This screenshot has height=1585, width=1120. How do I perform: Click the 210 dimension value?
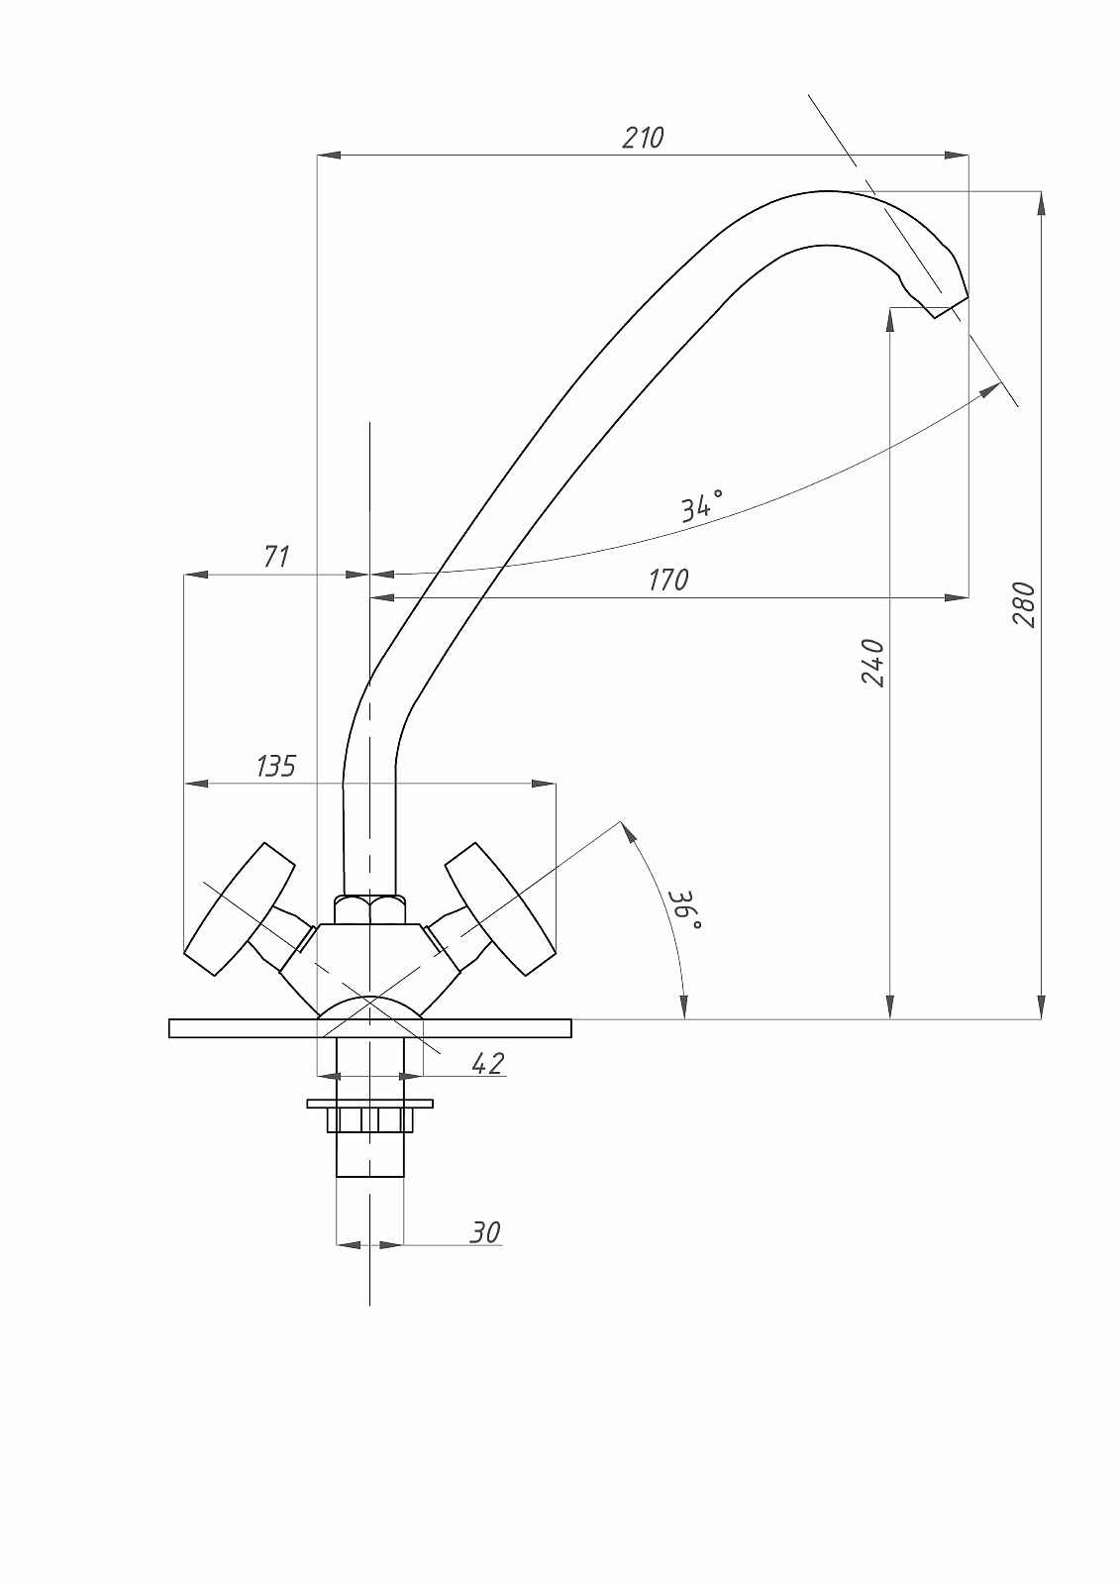pyautogui.click(x=643, y=138)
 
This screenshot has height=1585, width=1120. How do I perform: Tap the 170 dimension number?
pyautogui.click(x=668, y=580)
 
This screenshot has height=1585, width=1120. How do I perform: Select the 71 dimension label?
pyautogui.click(x=277, y=557)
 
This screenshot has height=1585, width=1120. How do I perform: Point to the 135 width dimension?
pyautogui.click(x=276, y=766)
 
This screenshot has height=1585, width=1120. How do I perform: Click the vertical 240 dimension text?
pyautogui.click(x=872, y=663)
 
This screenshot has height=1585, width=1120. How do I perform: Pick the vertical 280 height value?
pyautogui.click(x=1024, y=604)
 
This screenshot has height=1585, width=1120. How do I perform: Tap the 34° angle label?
pyautogui.click(x=701, y=505)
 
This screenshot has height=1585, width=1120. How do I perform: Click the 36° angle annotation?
pyautogui.click(x=684, y=909)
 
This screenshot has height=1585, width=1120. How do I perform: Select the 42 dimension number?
pyautogui.click(x=487, y=1064)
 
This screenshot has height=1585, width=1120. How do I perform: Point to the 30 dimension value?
pyautogui.click(x=484, y=1232)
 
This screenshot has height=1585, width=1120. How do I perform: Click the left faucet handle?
pyautogui.click(x=240, y=908)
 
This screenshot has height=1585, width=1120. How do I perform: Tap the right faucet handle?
pyautogui.click(x=499, y=908)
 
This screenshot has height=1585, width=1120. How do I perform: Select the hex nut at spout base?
pyautogui.click(x=369, y=909)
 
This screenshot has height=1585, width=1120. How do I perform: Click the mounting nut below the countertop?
pyautogui.click(x=369, y=1119)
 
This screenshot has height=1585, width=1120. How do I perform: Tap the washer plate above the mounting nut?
pyautogui.click(x=369, y=1103)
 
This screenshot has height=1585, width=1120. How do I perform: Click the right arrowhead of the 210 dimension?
pyautogui.click(x=959, y=156)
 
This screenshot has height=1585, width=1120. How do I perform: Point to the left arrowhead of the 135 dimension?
pyautogui.click(x=195, y=784)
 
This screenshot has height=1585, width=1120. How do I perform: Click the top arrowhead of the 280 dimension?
pyautogui.click(x=1041, y=202)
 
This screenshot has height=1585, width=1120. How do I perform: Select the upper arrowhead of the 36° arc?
pyautogui.click(x=629, y=831)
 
